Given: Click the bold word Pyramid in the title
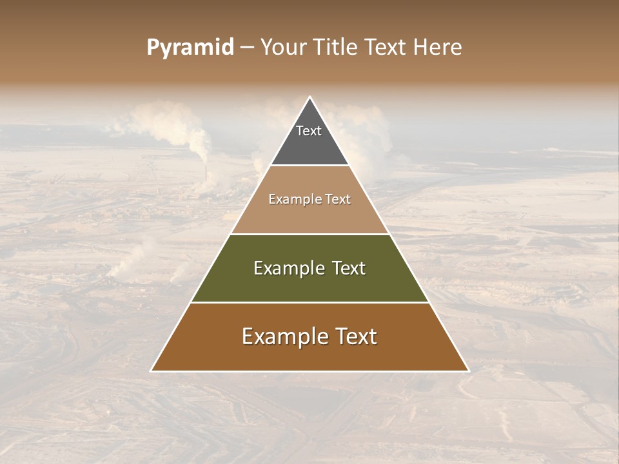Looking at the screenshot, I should click(x=190, y=48).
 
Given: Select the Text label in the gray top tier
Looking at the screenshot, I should click(x=309, y=131).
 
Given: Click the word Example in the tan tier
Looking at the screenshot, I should click(x=294, y=200).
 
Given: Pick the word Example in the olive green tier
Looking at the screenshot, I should click(x=288, y=269).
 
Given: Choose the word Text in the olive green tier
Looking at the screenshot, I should click(x=349, y=269).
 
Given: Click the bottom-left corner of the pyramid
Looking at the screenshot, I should click(x=151, y=371).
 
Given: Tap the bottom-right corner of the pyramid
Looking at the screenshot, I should click(x=469, y=371).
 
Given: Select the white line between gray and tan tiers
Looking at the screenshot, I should click(x=309, y=166).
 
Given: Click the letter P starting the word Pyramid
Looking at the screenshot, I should click(x=152, y=48).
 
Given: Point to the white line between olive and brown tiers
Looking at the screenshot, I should click(x=309, y=302).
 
